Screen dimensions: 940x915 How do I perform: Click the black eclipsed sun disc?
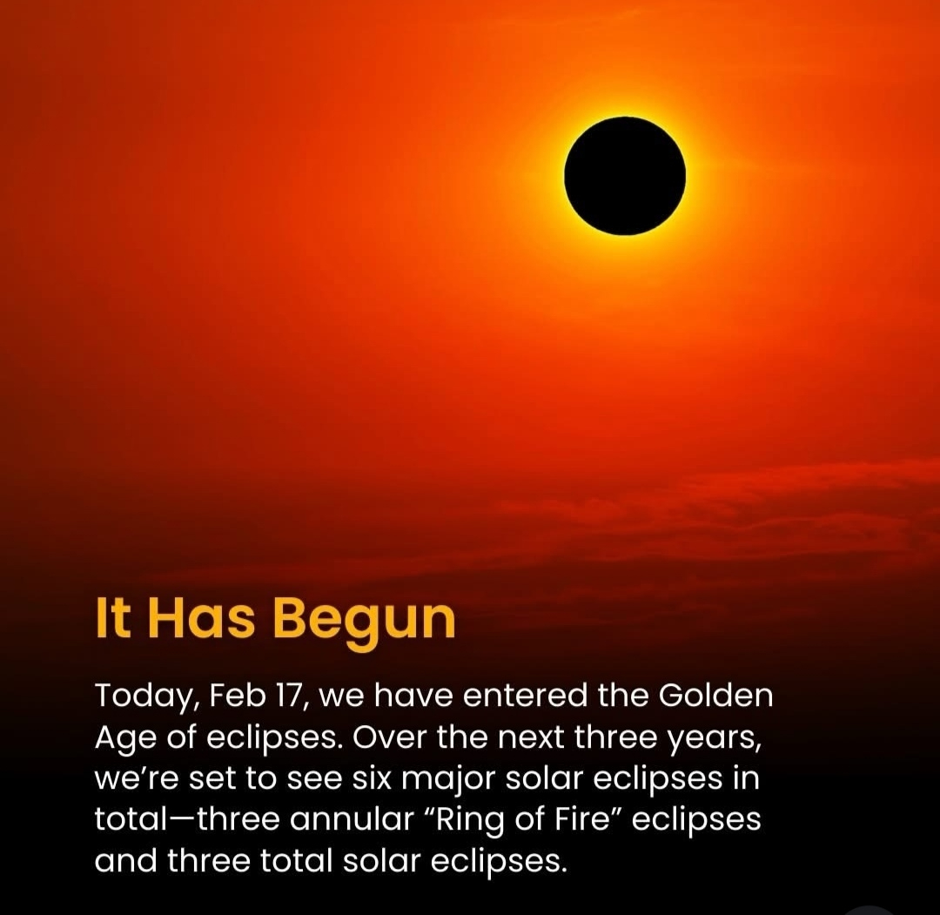click(x=625, y=175)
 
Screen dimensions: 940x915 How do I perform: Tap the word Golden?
click(x=715, y=696)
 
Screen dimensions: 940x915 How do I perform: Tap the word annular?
click(x=352, y=819)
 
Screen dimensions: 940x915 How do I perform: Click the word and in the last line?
click(x=125, y=860)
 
